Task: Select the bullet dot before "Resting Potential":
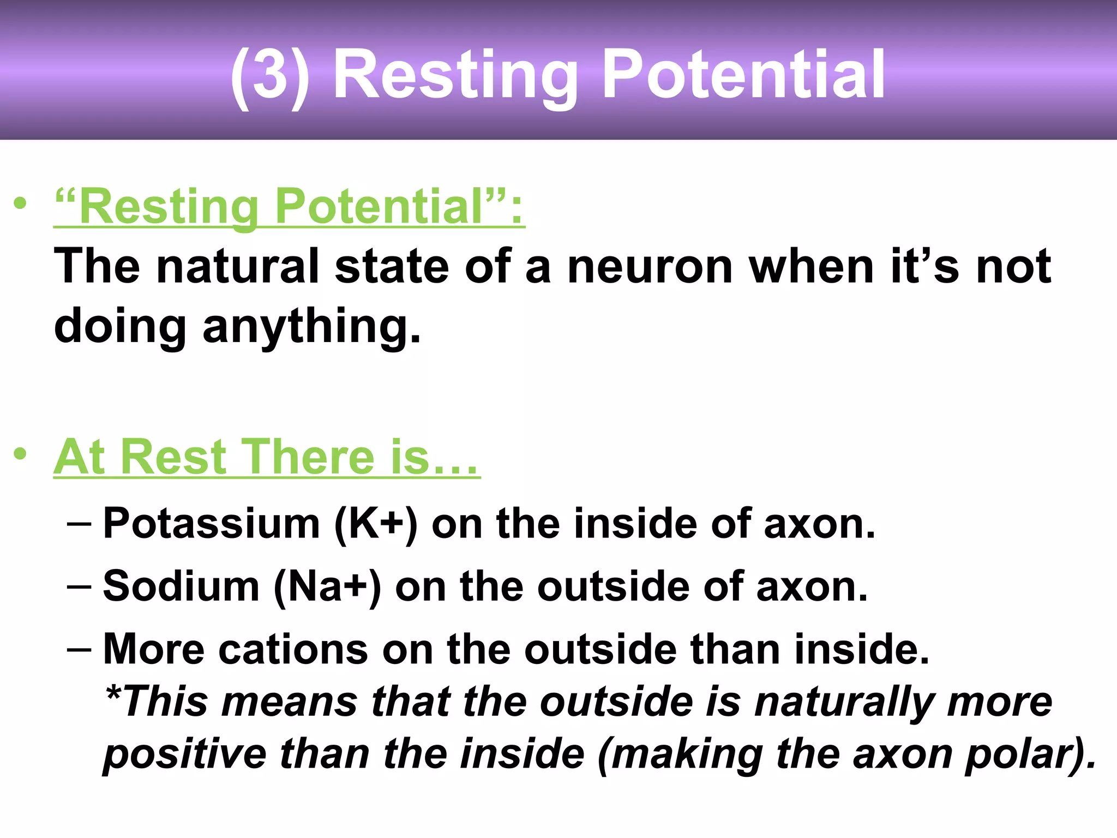20,203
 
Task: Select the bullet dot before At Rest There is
20,454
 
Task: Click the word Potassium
211,524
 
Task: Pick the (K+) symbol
376,524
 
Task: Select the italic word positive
185,755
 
